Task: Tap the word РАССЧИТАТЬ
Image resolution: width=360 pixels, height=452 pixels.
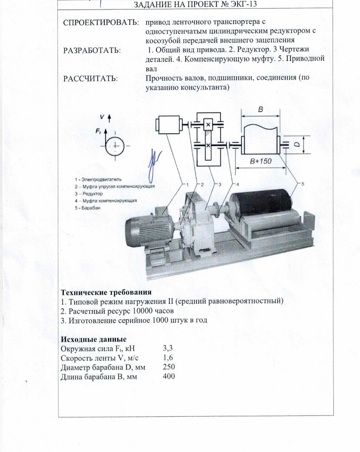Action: click(x=90, y=78)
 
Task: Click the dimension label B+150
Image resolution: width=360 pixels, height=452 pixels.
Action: click(x=258, y=161)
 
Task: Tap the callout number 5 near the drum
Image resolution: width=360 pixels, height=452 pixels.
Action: click(x=302, y=183)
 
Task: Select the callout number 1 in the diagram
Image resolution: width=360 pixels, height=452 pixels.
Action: click(x=185, y=184)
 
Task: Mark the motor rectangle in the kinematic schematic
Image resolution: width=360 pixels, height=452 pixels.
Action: click(x=168, y=125)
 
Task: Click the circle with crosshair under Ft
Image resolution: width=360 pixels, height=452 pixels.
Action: click(x=117, y=146)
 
